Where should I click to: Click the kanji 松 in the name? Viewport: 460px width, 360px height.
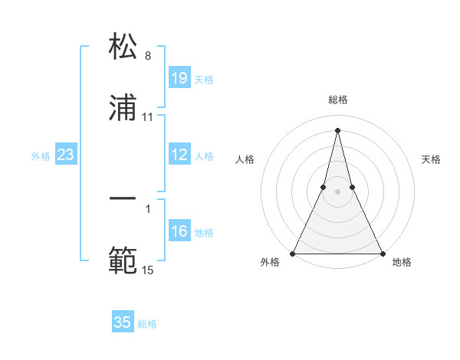pyautogui.click(x=123, y=47)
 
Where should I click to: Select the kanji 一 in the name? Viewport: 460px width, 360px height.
pyautogui.click(x=123, y=199)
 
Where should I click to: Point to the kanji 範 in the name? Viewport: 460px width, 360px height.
pyautogui.click(x=123, y=260)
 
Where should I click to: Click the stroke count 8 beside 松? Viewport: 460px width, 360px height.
pyautogui.click(x=148, y=56)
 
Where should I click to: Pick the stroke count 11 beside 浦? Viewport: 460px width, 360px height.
pyautogui.click(x=148, y=117)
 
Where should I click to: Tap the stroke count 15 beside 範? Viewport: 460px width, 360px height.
pyautogui.click(x=148, y=270)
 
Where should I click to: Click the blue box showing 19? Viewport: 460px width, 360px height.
pyautogui.click(x=179, y=77)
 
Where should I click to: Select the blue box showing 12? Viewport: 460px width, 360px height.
pyautogui.click(x=179, y=155)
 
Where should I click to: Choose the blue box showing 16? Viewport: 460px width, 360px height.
pyautogui.click(x=179, y=231)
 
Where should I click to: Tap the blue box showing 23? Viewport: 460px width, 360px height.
pyautogui.click(x=66, y=155)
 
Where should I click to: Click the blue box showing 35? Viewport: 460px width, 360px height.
pyautogui.click(x=123, y=322)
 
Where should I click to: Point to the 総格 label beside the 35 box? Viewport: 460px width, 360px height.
pyautogui.click(x=147, y=324)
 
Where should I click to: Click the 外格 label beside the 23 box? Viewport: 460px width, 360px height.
pyautogui.click(x=41, y=155)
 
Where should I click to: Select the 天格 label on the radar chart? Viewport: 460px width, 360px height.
pyautogui.click(x=432, y=159)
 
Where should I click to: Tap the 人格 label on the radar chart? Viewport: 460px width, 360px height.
pyautogui.click(x=245, y=159)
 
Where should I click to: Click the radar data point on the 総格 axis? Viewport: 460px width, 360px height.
pyautogui.click(x=337, y=129)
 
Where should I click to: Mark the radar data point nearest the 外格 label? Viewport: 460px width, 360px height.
pyautogui.click(x=294, y=253)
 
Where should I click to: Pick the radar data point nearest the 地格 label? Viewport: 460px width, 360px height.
pyautogui.click(x=382, y=253)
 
